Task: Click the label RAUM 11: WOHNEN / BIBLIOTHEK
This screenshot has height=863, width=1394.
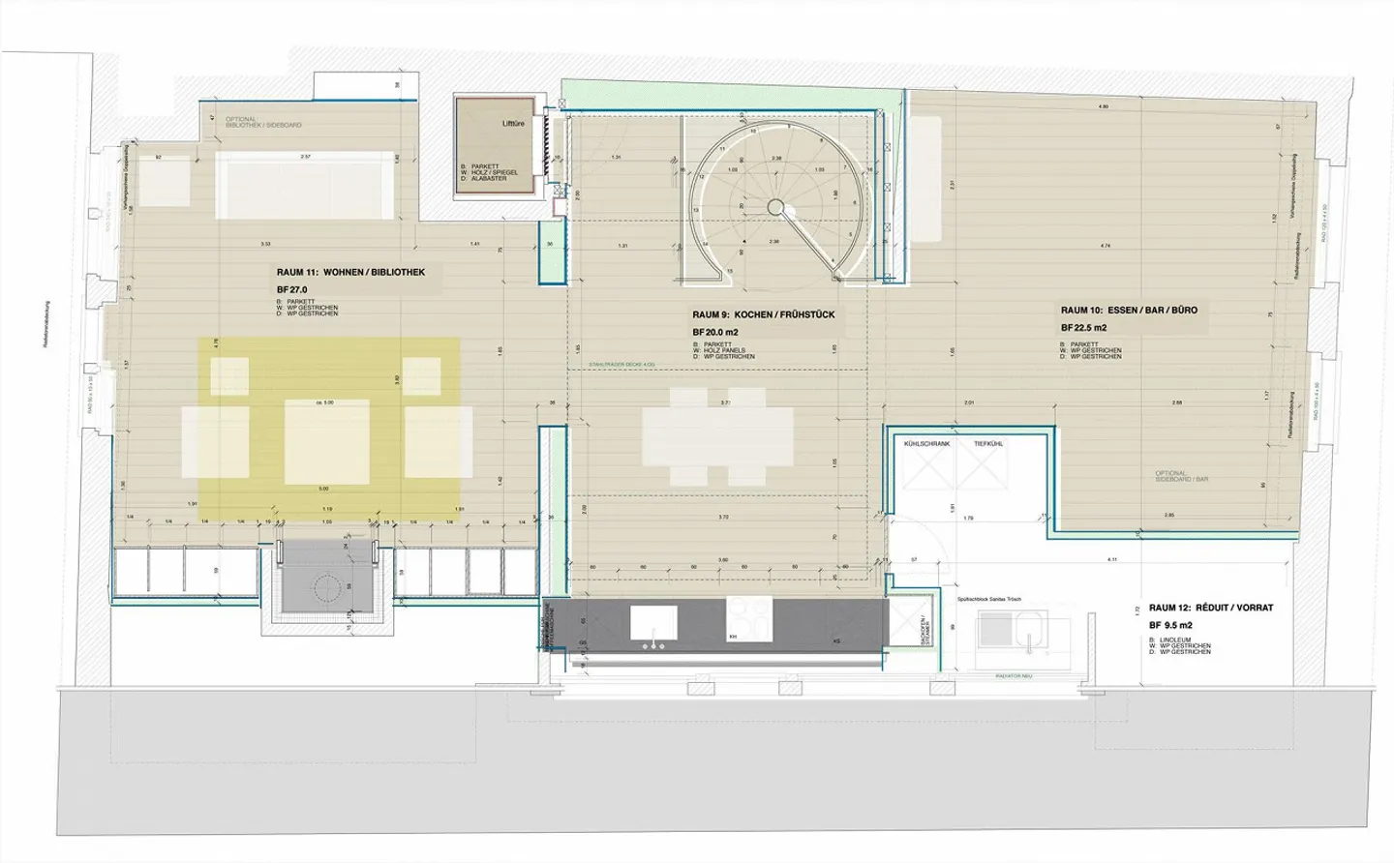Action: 350,273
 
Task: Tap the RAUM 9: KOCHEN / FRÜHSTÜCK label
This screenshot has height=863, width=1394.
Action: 763,314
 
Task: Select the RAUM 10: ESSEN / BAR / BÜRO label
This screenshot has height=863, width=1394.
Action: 1129,311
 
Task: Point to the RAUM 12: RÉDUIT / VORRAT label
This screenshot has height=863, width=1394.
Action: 1210,608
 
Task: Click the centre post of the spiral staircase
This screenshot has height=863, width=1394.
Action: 775,206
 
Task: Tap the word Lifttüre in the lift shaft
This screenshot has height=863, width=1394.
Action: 513,124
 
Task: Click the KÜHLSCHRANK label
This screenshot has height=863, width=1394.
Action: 926,444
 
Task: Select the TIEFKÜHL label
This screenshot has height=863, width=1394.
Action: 987,444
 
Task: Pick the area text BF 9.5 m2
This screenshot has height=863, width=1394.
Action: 1170,625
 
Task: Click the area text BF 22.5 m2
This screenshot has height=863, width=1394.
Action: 1083,328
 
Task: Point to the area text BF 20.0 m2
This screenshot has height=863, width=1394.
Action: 714,332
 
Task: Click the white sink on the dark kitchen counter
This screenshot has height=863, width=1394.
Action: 653,624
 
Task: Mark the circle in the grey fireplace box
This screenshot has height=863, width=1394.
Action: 326,587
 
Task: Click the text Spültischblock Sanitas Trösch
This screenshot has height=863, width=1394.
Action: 988,600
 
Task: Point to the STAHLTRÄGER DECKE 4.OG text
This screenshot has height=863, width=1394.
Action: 621,365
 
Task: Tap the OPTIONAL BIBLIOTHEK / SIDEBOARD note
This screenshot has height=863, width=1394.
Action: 262,123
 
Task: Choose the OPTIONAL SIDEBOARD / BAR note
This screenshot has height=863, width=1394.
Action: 1181,477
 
